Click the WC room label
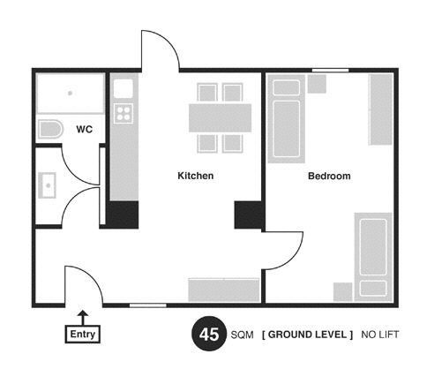[85, 129]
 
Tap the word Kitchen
[196, 176]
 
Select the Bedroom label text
[329, 176]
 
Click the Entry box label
[83, 334]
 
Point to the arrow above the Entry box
[84, 318]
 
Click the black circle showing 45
[209, 334]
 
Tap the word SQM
[242, 335]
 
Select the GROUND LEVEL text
[307, 335]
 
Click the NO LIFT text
[380, 335]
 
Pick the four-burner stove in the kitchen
[124, 113]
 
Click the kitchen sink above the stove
[124, 88]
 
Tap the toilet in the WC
[50, 129]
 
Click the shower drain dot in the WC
[70, 94]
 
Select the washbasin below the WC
[47, 185]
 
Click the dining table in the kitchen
[220, 117]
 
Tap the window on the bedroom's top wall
[330, 70]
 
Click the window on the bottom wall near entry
[148, 305]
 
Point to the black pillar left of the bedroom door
[250, 215]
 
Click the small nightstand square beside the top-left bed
[317, 84]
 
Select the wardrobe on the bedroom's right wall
[381, 109]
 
